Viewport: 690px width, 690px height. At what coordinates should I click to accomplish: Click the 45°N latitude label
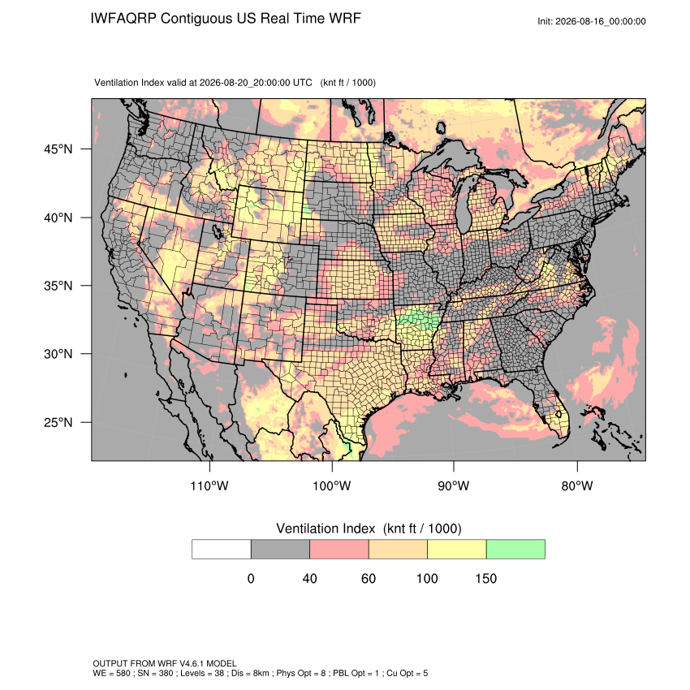pyautogui.click(x=58, y=149)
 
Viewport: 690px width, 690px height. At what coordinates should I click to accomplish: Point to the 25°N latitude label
pyautogui.click(x=58, y=422)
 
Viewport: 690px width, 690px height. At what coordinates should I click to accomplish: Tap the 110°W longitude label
pyautogui.click(x=209, y=485)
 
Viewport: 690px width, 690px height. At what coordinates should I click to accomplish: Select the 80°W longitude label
pyautogui.click(x=577, y=485)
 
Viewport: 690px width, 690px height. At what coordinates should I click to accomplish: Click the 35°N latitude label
pyautogui.click(x=58, y=286)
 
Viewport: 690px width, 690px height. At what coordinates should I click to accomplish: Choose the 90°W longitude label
pyautogui.click(x=453, y=485)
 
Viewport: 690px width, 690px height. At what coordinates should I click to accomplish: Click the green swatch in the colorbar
pyautogui.click(x=515, y=550)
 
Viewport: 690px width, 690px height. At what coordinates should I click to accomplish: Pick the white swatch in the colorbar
pyautogui.click(x=222, y=550)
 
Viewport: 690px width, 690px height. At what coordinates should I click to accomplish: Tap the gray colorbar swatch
pyautogui.click(x=280, y=550)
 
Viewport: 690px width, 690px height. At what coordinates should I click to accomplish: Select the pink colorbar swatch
pyautogui.click(x=339, y=550)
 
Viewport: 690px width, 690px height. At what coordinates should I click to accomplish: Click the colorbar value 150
pyautogui.click(x=485, y=578)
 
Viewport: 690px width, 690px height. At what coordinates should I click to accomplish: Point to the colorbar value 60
pyautogui.click(x=369, y=578)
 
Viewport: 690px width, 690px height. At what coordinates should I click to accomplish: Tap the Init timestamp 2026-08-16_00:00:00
pyautogui.click(x=601, y=21)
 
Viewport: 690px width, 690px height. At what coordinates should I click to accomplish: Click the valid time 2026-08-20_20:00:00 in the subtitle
pyautogui.click(x=256, y=83)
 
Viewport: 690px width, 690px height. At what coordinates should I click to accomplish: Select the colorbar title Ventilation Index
pyautogui.click(x=326, y=528)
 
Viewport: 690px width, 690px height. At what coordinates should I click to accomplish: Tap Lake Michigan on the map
pyautogui.click(x=464, y=203)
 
